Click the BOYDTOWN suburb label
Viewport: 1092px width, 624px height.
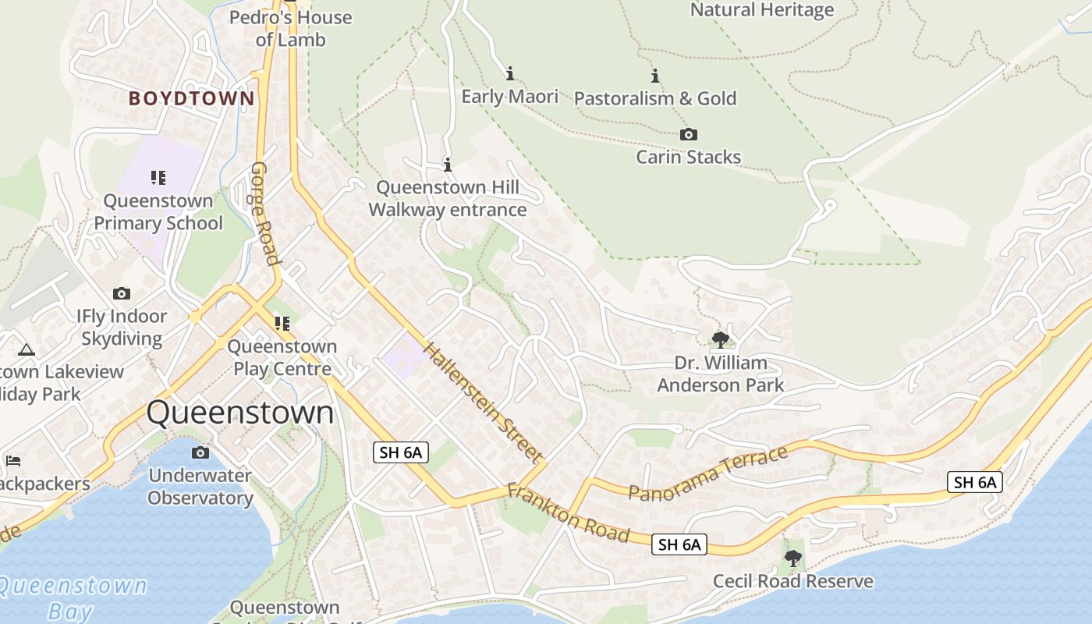(191, 98)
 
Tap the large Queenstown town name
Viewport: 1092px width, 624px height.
(240, 413)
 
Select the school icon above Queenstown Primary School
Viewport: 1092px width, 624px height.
(158, 178)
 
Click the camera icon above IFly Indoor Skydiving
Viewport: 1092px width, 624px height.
(121, 294)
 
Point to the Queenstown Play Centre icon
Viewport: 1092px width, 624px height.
(282, 323)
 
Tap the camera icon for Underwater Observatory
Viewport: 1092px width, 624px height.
(200, 453)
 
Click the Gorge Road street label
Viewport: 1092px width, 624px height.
(265, 213)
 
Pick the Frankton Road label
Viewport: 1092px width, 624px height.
(568, 513)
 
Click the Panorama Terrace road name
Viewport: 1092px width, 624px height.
(708, 473)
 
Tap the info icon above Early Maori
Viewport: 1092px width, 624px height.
(510, 74)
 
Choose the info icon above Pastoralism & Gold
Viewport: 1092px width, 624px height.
(655, 76)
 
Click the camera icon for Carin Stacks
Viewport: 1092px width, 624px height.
(688, 135)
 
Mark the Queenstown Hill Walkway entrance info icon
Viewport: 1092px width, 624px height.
(448, 165)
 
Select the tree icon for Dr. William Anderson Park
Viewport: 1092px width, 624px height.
(720, 339)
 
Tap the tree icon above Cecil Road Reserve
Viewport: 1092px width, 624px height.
(793, 558)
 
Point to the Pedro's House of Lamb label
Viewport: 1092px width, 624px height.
(290, 27)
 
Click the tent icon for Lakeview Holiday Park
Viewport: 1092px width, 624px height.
(27, 349)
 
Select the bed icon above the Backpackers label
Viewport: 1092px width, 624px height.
(12, 461)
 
